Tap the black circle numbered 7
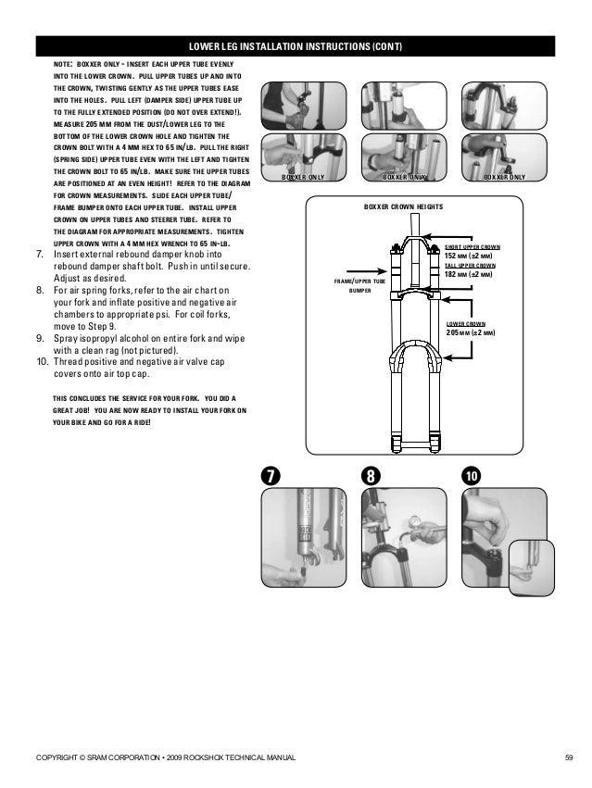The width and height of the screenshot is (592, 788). pyautogui.click(x=270, y=475)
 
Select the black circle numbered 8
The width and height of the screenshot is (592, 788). pyautogui.click(x=370, y=475)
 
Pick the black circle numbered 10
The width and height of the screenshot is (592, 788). pyautogui.click(x=472, y=475)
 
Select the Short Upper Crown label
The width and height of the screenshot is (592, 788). pyautogui.click(x=472, y=247)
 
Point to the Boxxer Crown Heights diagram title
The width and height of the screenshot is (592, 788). pyautogui.click(x=403, y=207)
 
